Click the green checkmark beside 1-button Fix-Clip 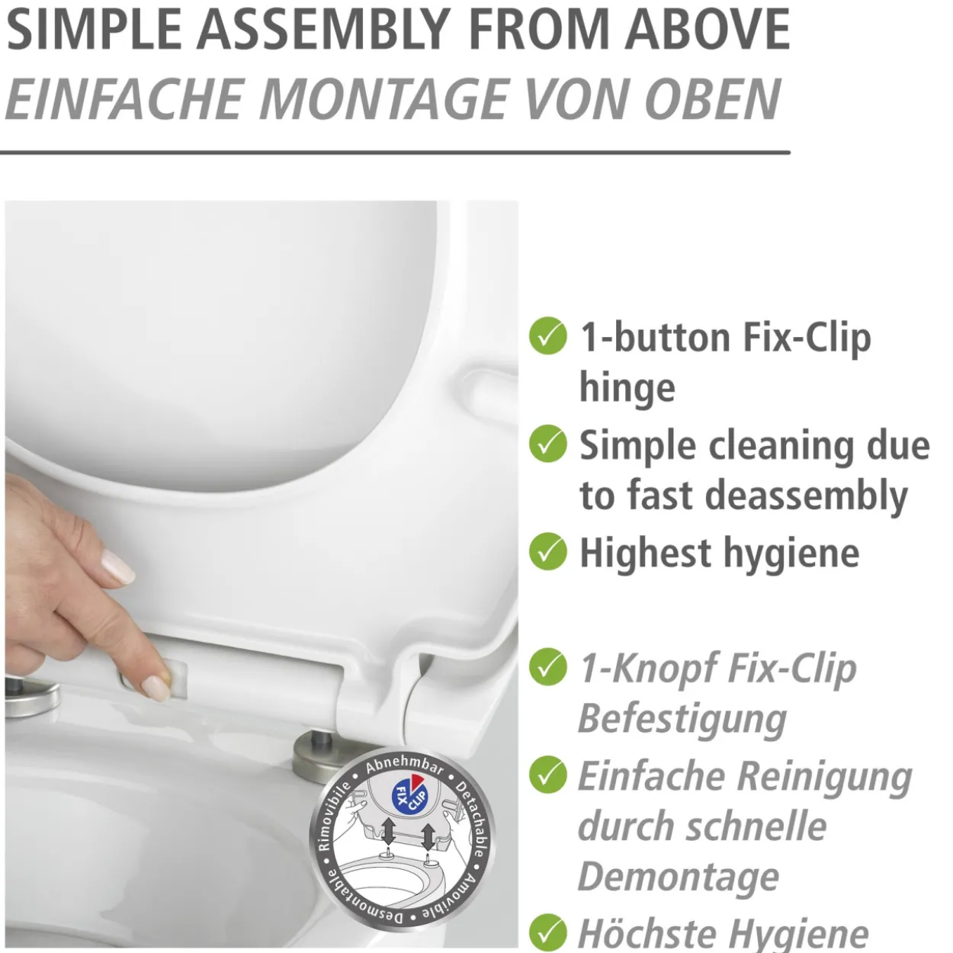548,335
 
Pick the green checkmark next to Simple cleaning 548,444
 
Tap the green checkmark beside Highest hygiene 548,551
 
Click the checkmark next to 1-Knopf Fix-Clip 548,666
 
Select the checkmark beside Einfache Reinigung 548,775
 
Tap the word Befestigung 683,720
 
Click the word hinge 627,389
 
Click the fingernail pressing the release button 156,688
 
